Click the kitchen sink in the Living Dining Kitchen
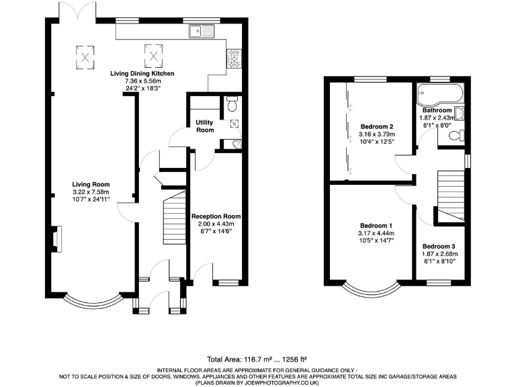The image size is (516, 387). click(201, 30)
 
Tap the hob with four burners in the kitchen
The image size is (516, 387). click(235, 56)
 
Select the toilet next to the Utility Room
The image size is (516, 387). click(232, 105)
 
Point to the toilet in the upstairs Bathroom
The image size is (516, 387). click(454, 136)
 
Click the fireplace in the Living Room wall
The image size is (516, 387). click(56, 239)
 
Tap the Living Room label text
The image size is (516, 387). click(91, 184)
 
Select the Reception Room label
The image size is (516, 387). click(216, 216)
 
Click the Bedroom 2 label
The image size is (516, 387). click(376, 126)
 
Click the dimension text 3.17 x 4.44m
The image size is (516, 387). click(376, 232)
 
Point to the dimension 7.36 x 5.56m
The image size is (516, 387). click(142, 81)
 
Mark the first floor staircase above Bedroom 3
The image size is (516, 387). click(451, 191)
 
